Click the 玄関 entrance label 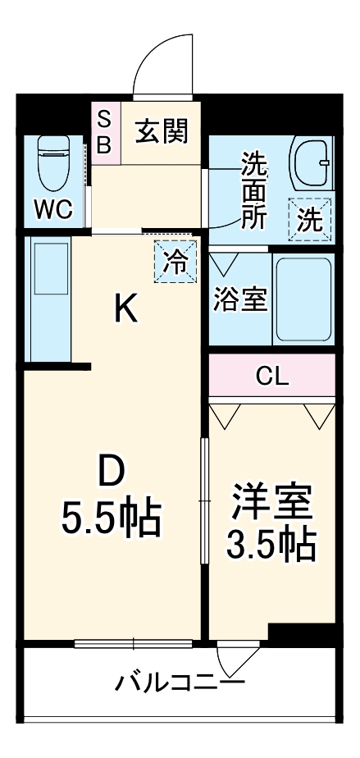coord(162,130)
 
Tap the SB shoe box coord(105,131)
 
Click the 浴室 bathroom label coord(240,299)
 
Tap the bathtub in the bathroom coord(303,299)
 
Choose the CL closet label coord(271,377)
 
